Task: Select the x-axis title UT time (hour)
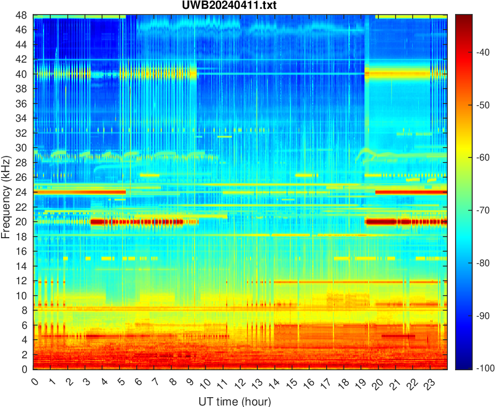click(x=235, y=401)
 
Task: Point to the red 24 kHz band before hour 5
click(x=78, y=192)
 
